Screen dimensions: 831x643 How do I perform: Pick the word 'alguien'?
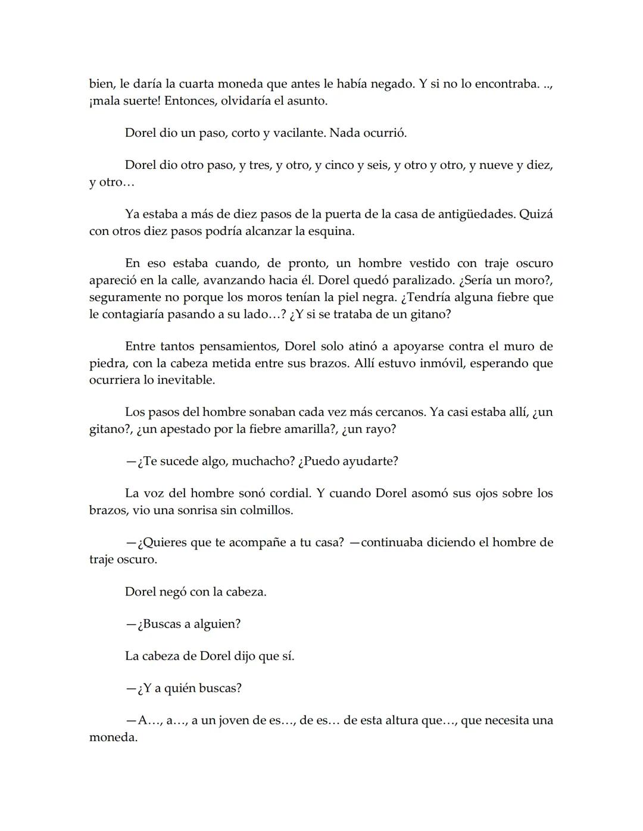216,624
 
